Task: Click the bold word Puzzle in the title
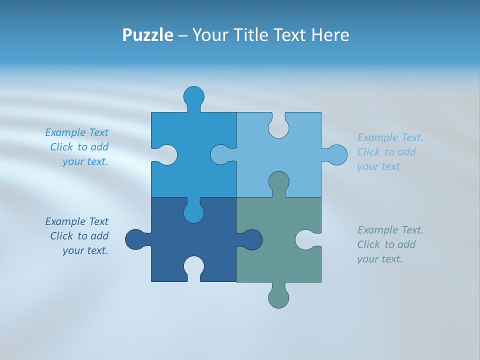click(148, 35)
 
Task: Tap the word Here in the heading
click(329, 35)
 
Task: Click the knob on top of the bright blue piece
click(194, 96)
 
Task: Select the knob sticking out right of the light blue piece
click(337, 155)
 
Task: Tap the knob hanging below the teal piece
click(278, 297)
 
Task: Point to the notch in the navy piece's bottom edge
click(194, 266)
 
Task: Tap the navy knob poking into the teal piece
click(252, 239)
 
